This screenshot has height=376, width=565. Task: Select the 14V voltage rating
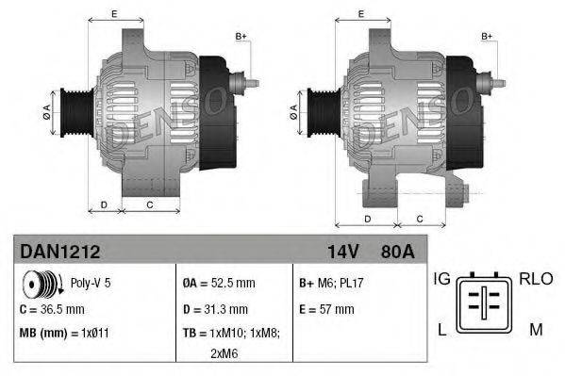pos(342,253)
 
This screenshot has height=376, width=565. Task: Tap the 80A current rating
pos(397,253)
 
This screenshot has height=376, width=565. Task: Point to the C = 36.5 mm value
pos(56,308)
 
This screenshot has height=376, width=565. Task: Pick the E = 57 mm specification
pos(326,308)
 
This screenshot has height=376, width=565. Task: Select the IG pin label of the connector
pos(440,279)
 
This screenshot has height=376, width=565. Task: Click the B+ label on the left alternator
pos(241,36)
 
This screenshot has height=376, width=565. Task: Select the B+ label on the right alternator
pos(488,36)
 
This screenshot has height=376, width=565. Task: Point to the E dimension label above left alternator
pos(114,13)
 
